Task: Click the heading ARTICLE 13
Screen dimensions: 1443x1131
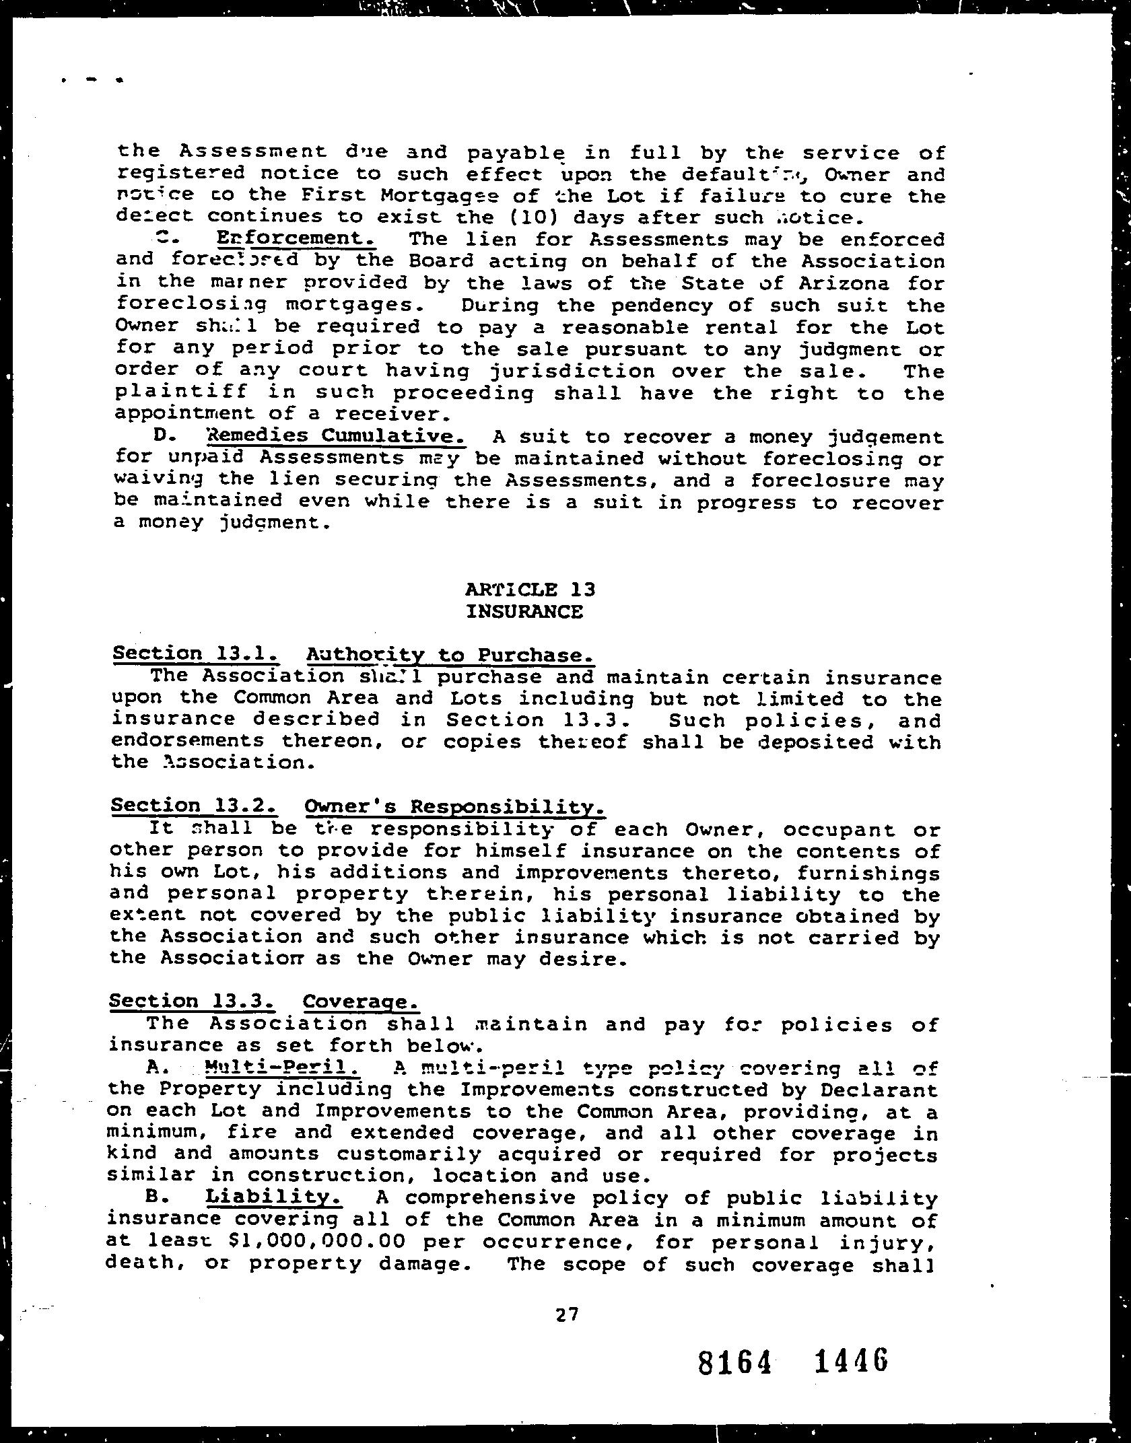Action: [x=530, y=590]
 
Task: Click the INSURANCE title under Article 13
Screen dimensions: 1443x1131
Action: [x=524, y=611]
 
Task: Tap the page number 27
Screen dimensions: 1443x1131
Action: [x=568, y=1314]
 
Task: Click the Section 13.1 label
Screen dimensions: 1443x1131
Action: [x=195, y=654]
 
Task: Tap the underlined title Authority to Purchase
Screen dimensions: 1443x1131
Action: [x=450, y=655]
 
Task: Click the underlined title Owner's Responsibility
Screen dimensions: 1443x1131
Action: [x=454, y=807]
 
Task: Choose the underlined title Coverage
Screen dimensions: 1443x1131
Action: [x=361, y=1002]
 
